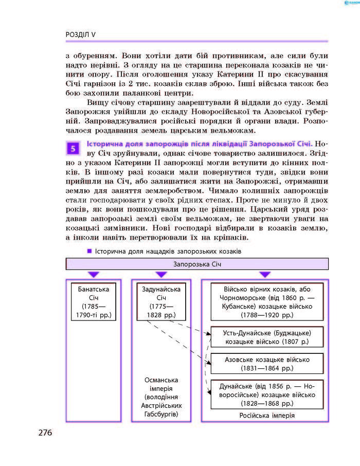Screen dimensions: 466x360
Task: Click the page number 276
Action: [x=45, y=433]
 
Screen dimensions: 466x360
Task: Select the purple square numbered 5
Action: [x=74, y=149]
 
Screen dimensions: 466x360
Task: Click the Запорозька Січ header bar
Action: [x=197, y=264]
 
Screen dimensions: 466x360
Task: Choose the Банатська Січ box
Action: [x=94, y=301]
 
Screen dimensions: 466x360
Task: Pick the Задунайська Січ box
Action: [x=161, y=301]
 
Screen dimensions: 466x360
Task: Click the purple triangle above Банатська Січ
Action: [x=94, y=275]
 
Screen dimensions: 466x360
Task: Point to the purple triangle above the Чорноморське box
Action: [x=265, y=275]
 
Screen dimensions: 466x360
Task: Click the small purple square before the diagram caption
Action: [x=89, y=251]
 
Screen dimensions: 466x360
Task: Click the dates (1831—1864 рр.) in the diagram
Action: [x=266, y=369]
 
